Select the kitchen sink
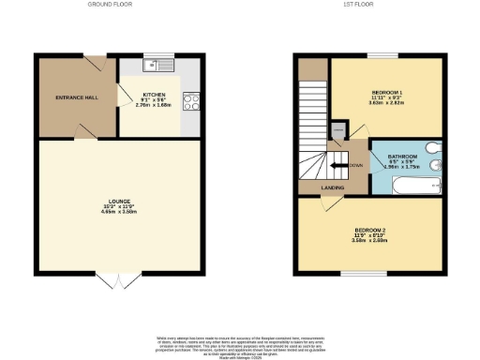(156, 66)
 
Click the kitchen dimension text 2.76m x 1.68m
(153, 107)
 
